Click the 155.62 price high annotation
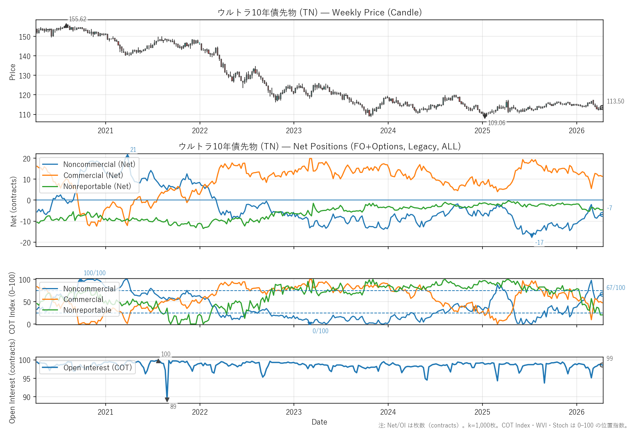(x=77, y=19)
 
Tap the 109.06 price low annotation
(x=496, y=123)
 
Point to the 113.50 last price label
(x=615, y=101)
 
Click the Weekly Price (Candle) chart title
(x=319, y=12)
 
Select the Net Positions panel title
(x=319, y=146)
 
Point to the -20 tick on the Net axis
(x=26, y=243)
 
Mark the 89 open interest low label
(x=173, y=407)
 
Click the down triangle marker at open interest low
(x=167, y=400)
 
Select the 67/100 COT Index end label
(x=616, y=288)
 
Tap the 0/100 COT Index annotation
(x=320, y=331)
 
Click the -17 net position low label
(x=539, y=243)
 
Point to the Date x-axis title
(x=319, y=422)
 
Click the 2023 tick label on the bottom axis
(x=294, y=412)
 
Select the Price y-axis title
(x=12, y=72)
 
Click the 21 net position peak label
(x=133, y=150)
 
